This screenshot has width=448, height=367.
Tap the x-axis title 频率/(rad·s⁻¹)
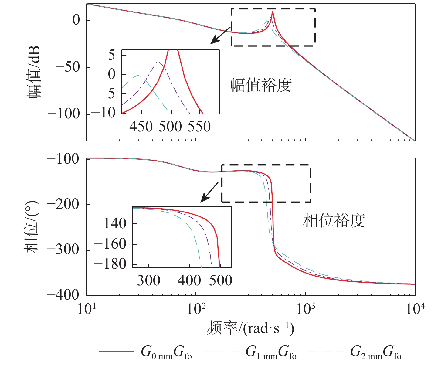(x=250, y=328)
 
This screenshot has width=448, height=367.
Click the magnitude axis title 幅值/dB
(x=34, y=73)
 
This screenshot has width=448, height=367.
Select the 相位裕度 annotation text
(x=334, y=221)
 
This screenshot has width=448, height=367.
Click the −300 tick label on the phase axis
(x=63, y=250)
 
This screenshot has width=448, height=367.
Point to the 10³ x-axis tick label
(x=305, y=309)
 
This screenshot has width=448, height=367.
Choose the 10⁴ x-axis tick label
(x=415, y=309)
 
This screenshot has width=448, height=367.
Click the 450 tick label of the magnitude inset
(x=141, y=126)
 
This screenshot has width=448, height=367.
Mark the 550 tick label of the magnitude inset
(x=199, y=126)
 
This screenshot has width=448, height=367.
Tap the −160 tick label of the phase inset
(x=110, y=244)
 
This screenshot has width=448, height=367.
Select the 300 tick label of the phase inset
(x=149, y=280)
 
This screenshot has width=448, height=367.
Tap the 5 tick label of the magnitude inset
(x=112, y=56)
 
